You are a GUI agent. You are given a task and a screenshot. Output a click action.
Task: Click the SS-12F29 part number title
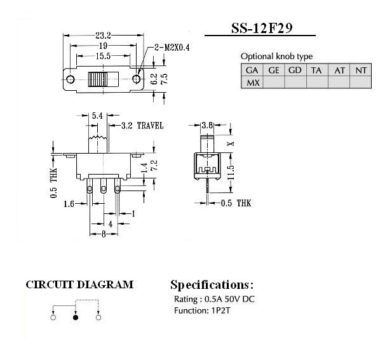[x=264, y=29]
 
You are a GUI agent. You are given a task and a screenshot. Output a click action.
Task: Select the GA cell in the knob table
[x=252, y=70]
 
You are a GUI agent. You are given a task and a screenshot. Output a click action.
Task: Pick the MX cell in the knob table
[x=252, y=83]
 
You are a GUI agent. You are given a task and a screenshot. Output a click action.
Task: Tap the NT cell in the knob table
[x=360, y=70]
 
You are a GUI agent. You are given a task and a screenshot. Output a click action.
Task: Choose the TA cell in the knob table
[x=316, y=70]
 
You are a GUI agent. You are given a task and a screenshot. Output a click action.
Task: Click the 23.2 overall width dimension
[x=105, y=36]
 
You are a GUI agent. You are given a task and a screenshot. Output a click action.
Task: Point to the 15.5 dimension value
[x=104, y=57]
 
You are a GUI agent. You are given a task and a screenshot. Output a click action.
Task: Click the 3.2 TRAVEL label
[x=140, y=126]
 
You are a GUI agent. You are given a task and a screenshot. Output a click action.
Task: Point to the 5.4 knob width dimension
[x=98, y=116]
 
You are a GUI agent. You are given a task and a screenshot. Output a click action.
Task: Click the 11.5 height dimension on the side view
[x=231, y=171]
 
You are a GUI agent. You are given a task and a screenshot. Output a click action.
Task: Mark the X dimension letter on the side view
[x=231, y=143]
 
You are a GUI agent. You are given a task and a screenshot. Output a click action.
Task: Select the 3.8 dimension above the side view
[x=206, y=126]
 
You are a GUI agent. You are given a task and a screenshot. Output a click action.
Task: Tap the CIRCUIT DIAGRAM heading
[x=79, y=284]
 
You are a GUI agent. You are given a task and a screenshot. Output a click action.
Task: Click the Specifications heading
[x=212, y=284]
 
